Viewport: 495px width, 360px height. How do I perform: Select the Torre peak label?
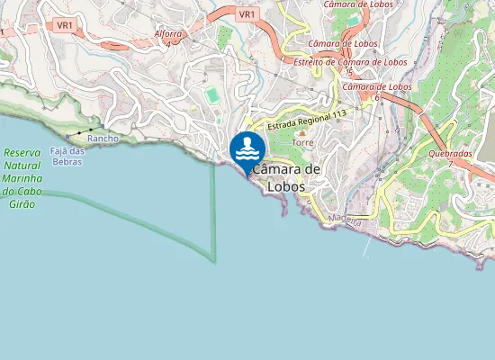pyautogui.click(x=301, y=143)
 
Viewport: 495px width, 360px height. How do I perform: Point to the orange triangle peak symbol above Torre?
pyautogui.click(x=301, y=133)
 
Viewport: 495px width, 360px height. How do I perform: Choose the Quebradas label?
pyautogui.click(x=451, y=153)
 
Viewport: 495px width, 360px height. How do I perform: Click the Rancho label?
pyautogui.click(x=103, y=139)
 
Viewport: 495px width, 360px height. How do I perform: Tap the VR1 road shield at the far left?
pyautogui.click(x=64, y=26)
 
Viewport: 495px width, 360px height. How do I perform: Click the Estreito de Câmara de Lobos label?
pyautogui.click(x=351, y=62)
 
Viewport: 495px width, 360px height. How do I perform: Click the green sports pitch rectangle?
pyautogui.click(x=211, y=94)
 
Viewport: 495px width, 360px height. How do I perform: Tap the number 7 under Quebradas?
pyautogui.click(x=450, y=163)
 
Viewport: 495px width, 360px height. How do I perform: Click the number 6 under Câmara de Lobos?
pyautogui.click(x=375, y=96)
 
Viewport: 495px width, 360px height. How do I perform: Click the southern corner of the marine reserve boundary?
pyautogui.click(x=214, y=262)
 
